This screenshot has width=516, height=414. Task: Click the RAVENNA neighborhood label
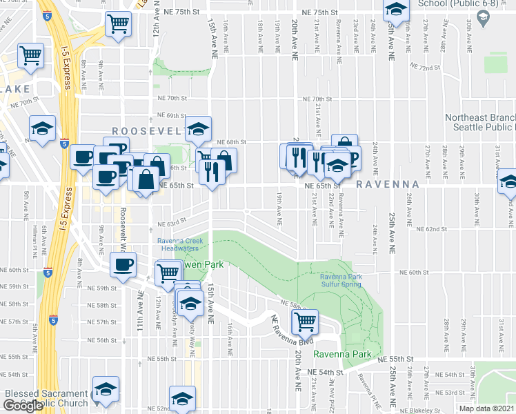click(x=388, y=184)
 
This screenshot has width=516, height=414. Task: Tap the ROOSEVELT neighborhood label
click(x=148, y=131)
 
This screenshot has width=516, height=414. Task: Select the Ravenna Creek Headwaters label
click(x=180, y=244)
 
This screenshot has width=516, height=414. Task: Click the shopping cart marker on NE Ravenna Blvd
click(x=304, y=320)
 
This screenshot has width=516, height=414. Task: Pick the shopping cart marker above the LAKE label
click(x=30, y=55)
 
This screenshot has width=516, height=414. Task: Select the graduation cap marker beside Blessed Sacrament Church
click(x=106, y=388)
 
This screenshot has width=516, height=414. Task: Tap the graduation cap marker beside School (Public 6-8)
click(x=396, y=10)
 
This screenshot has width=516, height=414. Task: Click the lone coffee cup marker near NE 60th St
click(x=123, y=264)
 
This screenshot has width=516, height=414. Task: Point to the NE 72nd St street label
click(x=424, y=67)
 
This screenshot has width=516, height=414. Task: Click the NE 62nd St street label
click(x=433, y=229)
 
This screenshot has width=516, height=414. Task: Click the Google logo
click(x=23, y=405)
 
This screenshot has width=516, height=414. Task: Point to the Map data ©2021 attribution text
click(x=486, y=408)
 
